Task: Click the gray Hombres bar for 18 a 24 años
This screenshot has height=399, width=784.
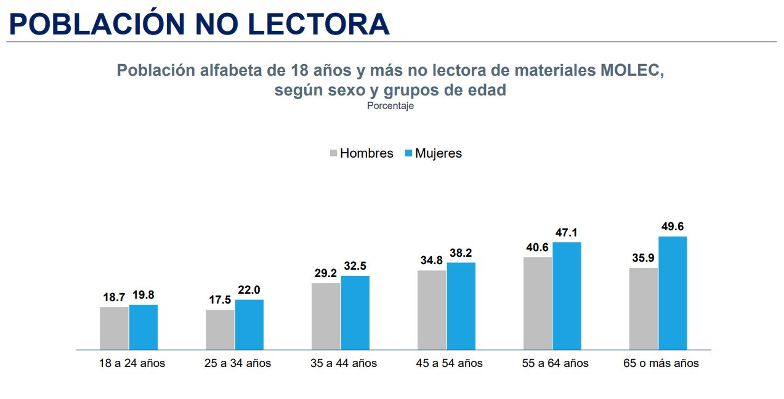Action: (114, 328)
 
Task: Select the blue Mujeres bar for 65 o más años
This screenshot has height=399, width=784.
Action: (673, 293)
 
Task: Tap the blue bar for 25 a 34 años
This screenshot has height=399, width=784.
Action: (249, 324)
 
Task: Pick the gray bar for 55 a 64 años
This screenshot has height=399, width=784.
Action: (538, 303)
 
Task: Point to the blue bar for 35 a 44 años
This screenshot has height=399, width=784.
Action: (355, 313)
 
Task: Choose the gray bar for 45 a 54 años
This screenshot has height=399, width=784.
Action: (432, 310)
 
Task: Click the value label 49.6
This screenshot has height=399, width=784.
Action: (673, 227)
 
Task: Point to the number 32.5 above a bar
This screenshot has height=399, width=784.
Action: (355, 266)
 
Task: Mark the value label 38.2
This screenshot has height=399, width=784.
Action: (461, 253)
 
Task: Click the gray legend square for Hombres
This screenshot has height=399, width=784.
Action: (334, 153)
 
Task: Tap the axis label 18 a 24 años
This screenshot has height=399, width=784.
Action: (132, 363)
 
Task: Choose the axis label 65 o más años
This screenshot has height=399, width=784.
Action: (661, 363)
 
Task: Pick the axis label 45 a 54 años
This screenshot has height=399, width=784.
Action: (449, 363)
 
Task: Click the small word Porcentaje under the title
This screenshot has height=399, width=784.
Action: (390, 106)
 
